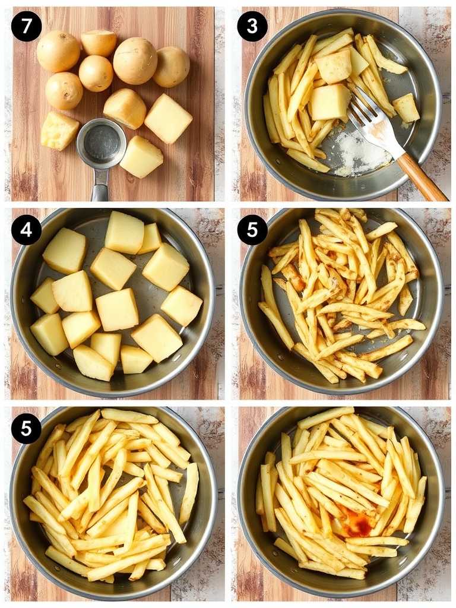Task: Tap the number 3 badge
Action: pos(252,26)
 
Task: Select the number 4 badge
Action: pos(26,230)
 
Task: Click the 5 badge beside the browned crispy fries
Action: pos(252,230)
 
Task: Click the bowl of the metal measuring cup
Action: pos(102,143)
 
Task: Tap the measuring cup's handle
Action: pos(100,189)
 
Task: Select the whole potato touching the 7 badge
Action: pos(58,51)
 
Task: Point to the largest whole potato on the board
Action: pos(135,61)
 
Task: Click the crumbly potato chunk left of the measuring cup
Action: pos(59,130)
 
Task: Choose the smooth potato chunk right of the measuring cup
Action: pos(141,157)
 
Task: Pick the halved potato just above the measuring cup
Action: pos(124,107)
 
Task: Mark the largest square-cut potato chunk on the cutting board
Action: pos(168,118)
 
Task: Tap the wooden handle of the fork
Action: pos(421,176)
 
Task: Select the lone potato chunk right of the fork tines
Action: pos(407,107)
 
